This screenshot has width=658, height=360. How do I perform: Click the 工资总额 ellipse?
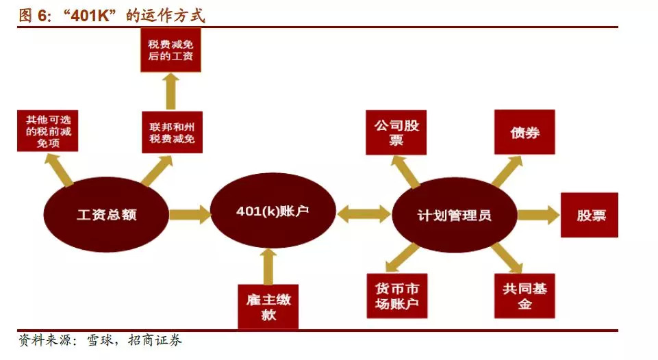[106, 214]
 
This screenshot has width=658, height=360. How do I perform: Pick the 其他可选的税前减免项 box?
[47, 131]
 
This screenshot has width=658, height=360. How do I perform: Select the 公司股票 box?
[395, 132]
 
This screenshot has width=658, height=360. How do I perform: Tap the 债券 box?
[524, 132]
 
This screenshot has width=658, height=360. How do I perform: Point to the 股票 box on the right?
[589, 215]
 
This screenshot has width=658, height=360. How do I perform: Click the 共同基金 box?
[524, 296]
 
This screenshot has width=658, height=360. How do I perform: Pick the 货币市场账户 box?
[396, 296]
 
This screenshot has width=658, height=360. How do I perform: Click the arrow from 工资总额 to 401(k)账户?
[190, 214]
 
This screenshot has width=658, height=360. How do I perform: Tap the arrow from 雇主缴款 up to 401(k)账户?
[268, 266]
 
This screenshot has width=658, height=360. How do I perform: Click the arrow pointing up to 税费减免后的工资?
[171, 92]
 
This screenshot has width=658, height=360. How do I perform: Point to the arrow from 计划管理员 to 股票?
[537, 216]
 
